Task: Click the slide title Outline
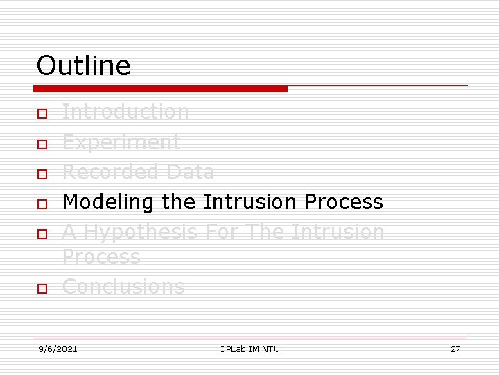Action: click(83, 66)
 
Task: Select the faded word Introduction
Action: click(125, 112)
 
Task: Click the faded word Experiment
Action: click(121, 142)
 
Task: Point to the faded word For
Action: click(222, 232)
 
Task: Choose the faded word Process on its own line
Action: click(101, 257)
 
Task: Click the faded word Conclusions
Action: click(123, 287)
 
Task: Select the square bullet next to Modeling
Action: click(42, 204)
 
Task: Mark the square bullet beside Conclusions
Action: click(42, 288)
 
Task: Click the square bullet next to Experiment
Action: click(42, 144)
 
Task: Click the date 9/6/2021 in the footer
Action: click(58, 349)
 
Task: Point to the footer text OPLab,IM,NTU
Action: click(249, 349)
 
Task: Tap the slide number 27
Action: click(455, 349)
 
